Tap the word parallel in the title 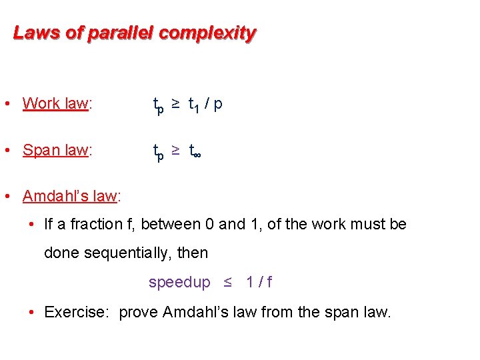[117, 33]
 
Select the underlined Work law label [55, 103]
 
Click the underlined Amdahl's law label [69, 196]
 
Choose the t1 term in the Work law [195, 105]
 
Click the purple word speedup [179, 282]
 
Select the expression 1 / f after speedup [259, 282]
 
